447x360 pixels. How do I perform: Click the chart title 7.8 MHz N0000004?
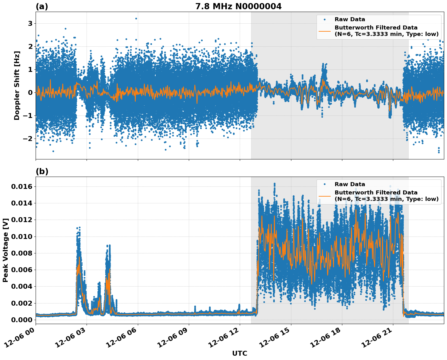coord(238,6)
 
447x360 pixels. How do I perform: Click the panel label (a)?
coord(42,6)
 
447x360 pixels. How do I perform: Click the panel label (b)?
coord(42,171)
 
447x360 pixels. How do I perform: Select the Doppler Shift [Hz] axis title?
coord(17,85)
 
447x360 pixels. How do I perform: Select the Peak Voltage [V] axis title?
coord(6,250)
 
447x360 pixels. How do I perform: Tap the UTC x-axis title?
coord(239,353)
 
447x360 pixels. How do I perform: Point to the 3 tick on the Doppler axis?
coord(30,24)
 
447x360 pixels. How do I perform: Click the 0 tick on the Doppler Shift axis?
coord(30,93)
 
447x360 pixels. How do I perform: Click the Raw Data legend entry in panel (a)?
coord(350,20)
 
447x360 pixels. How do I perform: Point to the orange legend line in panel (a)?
coord(325,31)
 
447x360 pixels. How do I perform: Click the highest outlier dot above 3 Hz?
coord(136,18)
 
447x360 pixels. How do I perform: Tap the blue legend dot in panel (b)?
coord(325,184)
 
